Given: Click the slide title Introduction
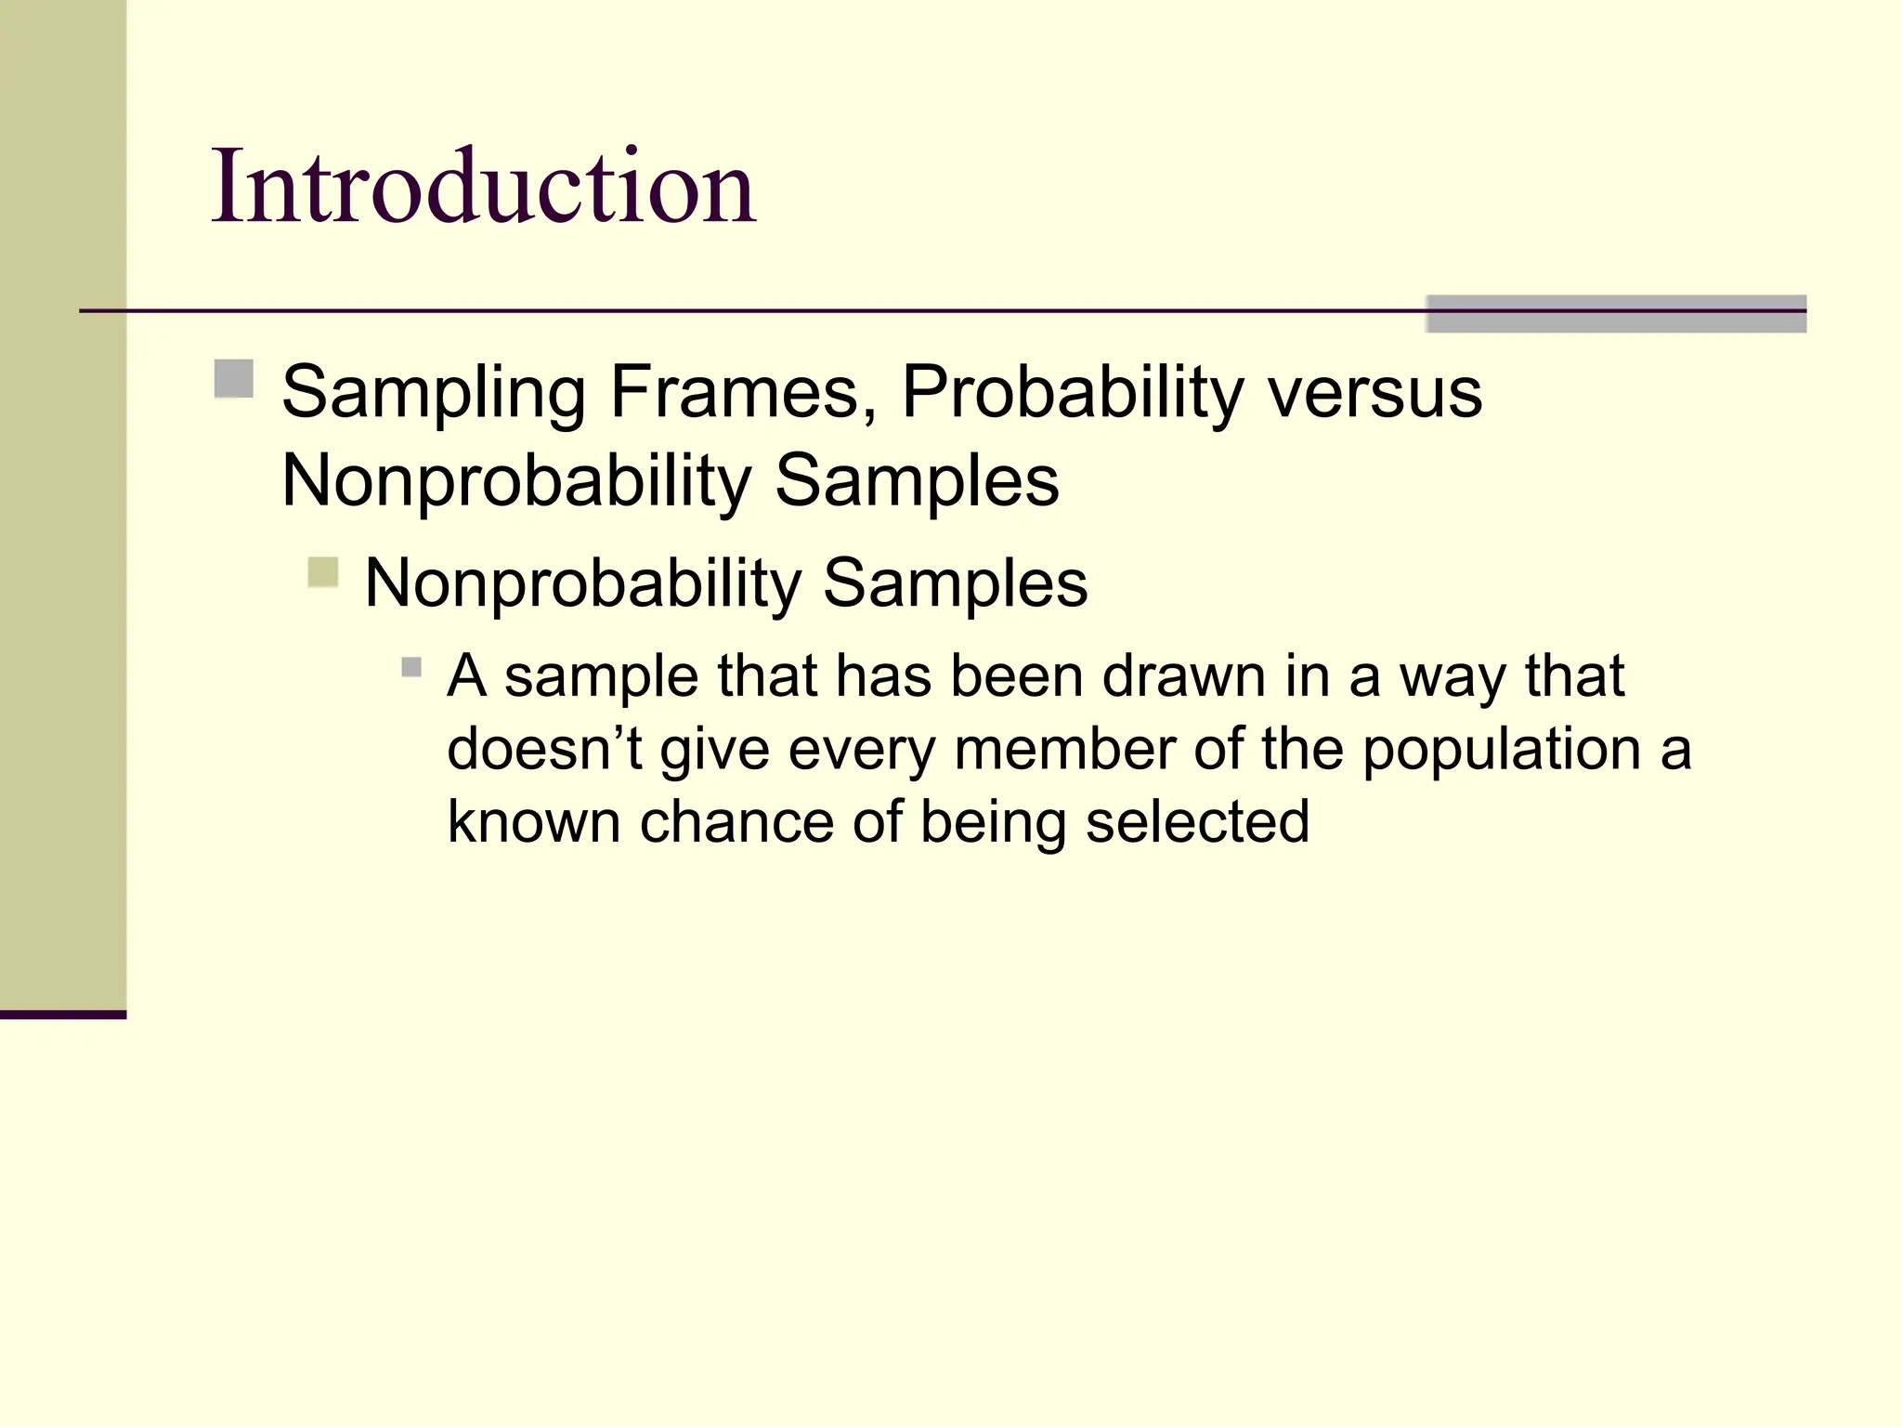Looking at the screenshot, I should [483, 188].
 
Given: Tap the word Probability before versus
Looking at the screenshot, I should [1072, 392].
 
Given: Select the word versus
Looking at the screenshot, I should [1375, 392].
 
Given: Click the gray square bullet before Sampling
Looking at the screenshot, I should [234, 379].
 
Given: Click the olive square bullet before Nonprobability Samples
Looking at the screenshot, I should [323, 571].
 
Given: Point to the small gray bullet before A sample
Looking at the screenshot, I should [411, 667].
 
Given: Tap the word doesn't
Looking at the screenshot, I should [544, 749].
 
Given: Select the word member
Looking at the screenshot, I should [1064, 749].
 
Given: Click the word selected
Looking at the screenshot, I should [1197, 822].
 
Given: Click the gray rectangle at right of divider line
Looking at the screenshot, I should [1616, 314].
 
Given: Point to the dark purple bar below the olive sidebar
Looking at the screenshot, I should [62, 1015].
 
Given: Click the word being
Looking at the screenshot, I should [993, 822].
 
